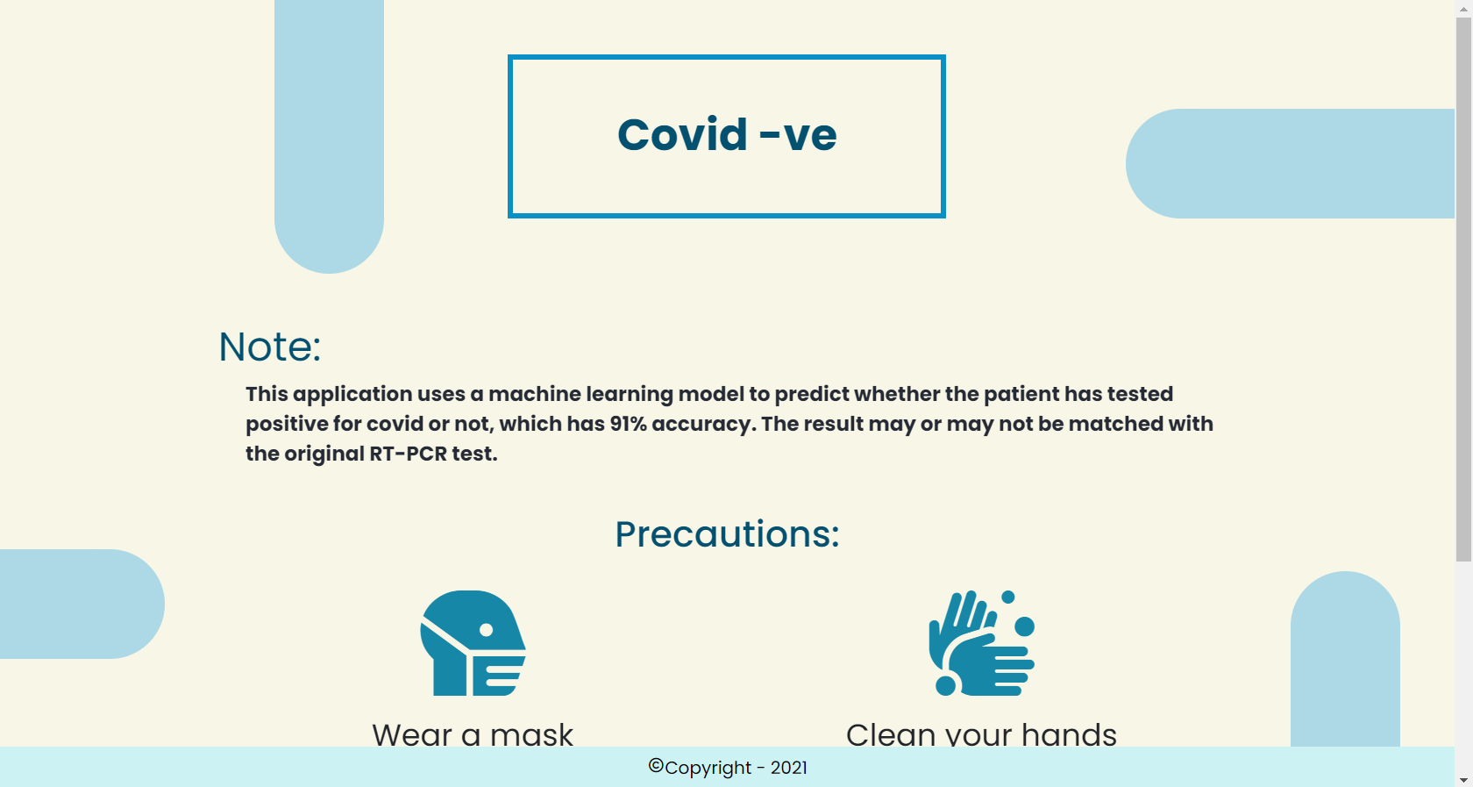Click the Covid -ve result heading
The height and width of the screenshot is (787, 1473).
coord(727,135)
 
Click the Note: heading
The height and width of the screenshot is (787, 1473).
coord(270,346)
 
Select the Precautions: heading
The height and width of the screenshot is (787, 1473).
coord(727,533)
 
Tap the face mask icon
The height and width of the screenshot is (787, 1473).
coord(473,643)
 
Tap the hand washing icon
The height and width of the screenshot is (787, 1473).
coord(982,643)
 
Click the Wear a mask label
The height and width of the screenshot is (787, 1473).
coord(473,734)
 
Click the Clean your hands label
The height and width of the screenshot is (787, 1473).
coord(981,734)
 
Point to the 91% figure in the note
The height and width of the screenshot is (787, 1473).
coord(629,424)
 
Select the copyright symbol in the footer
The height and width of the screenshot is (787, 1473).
coord(656,765)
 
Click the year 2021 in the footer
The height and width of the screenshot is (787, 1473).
coord(788,768)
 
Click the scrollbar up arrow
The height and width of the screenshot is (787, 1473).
coord(1463,7)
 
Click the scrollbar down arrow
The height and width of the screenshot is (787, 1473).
coord(1463,780)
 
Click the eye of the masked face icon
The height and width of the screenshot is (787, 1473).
coord(486,630)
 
